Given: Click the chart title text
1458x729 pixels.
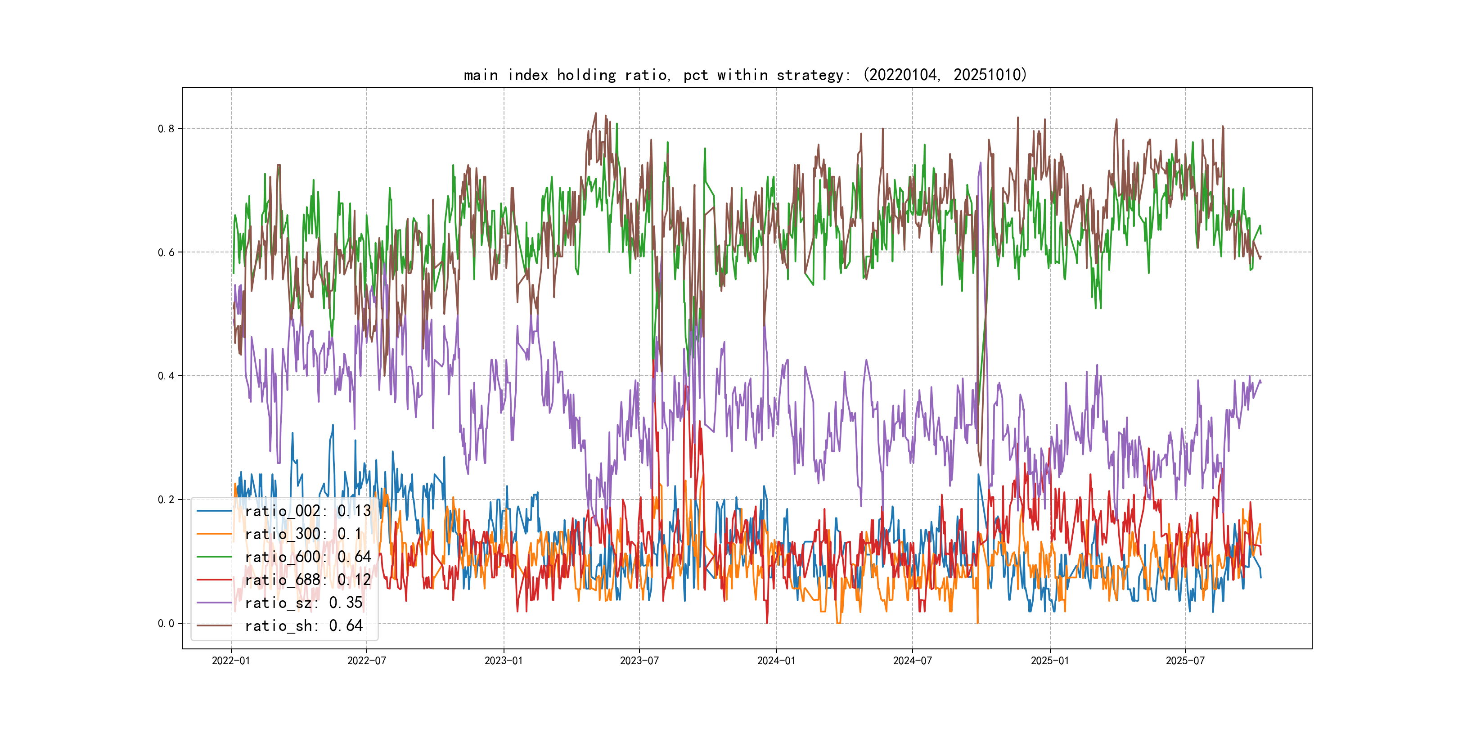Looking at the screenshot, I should (x=745, y=75).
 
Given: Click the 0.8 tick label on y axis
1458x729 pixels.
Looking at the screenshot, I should (x=166, y=129).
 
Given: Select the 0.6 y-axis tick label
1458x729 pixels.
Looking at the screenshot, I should (x=166, y=252).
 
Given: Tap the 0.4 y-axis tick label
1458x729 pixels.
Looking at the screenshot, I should (x=166, y=376).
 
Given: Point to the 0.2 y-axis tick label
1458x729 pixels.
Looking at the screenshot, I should (x=166, y=500).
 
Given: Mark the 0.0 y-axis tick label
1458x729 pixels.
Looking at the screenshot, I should (x=166, y=624).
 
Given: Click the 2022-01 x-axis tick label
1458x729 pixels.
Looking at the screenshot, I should (x=231, y=661).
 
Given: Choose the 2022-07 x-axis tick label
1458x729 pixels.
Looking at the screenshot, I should (x=366, y=661).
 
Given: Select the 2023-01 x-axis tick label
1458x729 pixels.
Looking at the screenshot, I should (x=504, y=661).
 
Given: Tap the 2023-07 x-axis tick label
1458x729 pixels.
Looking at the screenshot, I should (x=639, y=661).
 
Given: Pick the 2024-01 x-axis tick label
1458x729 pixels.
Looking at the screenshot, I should (x=777, y=661).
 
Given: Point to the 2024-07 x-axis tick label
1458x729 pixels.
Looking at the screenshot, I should (x=913, y=661).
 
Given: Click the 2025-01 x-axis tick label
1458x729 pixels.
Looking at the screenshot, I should (x=1050, y=661).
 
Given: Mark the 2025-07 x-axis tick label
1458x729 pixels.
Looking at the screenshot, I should (x=1185, y=661).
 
